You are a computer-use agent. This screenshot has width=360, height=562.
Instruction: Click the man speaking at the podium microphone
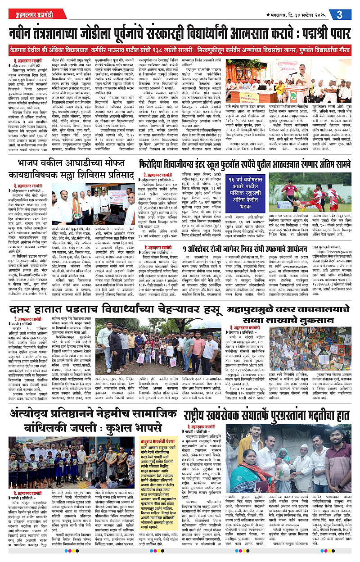294,74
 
